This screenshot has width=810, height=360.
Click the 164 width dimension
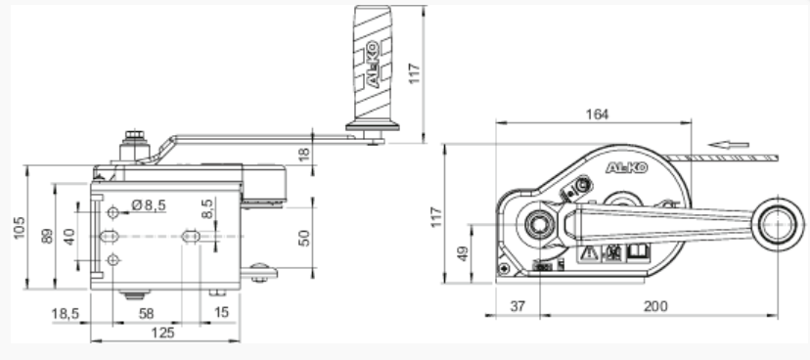pos(597,114)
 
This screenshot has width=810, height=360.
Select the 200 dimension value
pos(655,306)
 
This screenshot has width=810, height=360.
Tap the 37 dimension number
pos(517,306)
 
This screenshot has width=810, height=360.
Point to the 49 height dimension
pos(463,253)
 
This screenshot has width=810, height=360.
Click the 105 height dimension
pos(20,227)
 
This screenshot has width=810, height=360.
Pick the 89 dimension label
pos(47,236)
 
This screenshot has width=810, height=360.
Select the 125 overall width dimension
pos(162,333)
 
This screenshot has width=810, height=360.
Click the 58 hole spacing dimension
pos(146,313)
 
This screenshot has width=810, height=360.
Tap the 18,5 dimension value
pos(66,313)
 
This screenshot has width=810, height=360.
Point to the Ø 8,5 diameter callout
pos(149,205)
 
